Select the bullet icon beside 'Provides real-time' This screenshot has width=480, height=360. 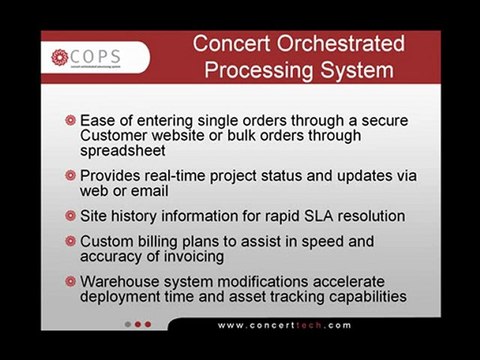(x=70, y=175)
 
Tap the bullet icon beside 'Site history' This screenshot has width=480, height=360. (x=70, y=215)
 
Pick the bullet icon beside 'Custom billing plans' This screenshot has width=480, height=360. (x=70, y=241)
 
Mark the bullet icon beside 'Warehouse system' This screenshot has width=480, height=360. (x=70, y=281)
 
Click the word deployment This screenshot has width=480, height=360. (x=124, y=296)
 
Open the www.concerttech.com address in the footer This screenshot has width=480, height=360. (x=284, y=325)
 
